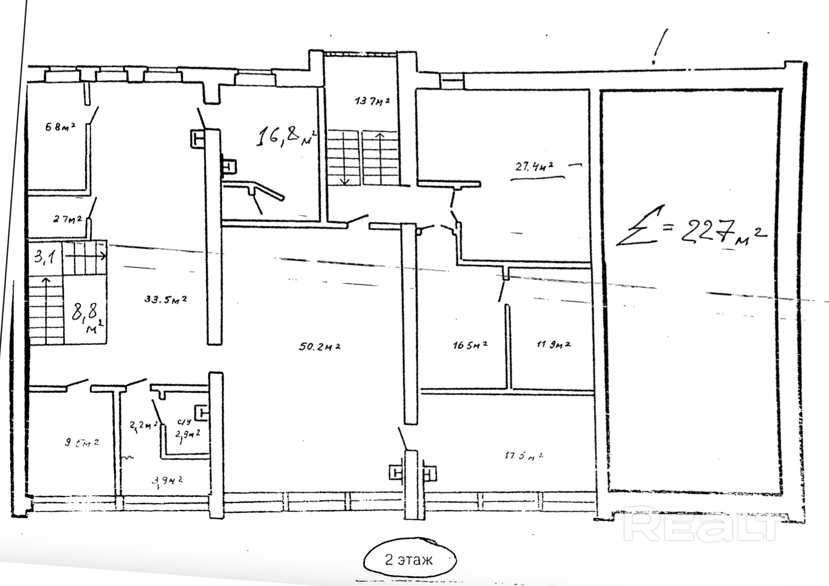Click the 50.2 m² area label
tap(320, 346)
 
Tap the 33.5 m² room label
tap(166, 299)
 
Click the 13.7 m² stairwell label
tap(372, 101)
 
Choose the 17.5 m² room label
tap(524, 456)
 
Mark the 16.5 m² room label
tap(470, 345)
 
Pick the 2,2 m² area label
tap(143, 425)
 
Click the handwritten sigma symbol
tap(639, 228)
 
